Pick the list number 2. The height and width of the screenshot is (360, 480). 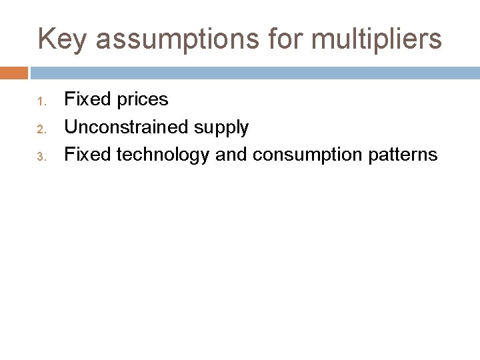click(41, 129)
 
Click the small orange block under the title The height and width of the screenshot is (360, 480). click(14, 73)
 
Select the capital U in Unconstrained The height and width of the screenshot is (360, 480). click(69, 127)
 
